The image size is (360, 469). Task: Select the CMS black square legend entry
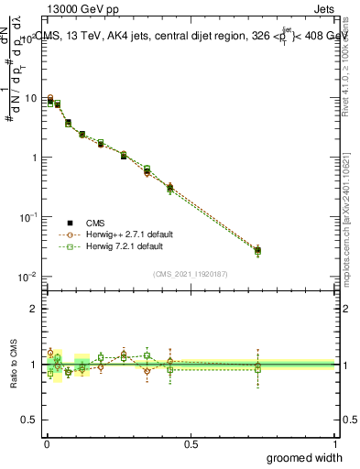coord(71,223)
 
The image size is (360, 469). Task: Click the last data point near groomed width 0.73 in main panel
coord(257,250)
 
